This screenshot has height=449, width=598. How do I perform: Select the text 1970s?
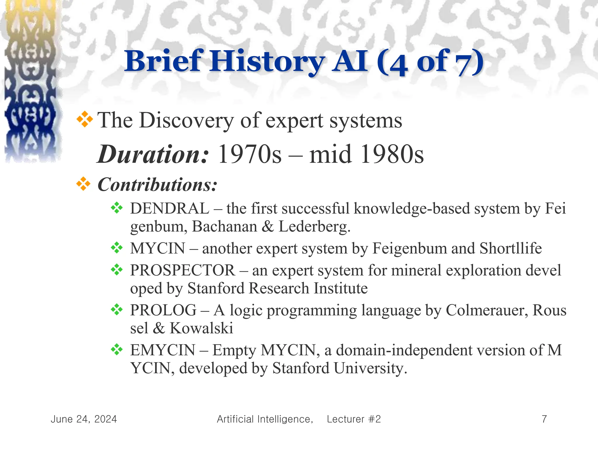pos(250,154)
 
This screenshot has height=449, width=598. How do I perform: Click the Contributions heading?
pos(157,185)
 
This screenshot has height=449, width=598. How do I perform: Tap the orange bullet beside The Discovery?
pos(84,119)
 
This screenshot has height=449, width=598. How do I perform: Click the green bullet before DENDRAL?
pos(117,208)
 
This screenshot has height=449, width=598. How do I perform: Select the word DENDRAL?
pos(170,209)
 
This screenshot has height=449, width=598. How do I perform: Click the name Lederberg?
pos(314,227)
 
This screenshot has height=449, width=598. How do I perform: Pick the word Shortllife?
pos(510,248)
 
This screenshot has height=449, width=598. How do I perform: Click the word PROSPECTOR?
pos(182,270)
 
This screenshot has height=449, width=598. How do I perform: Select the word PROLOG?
pos(163,310)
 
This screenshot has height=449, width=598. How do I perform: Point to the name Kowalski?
pos(201,328)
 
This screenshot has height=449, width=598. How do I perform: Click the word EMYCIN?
pos(163,350)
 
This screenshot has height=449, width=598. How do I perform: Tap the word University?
pos(370,368)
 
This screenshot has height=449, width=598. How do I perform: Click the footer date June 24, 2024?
pos(84,419)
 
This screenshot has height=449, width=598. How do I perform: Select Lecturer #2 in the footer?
pos(354,419)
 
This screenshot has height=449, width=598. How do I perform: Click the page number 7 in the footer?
pos(544,419)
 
